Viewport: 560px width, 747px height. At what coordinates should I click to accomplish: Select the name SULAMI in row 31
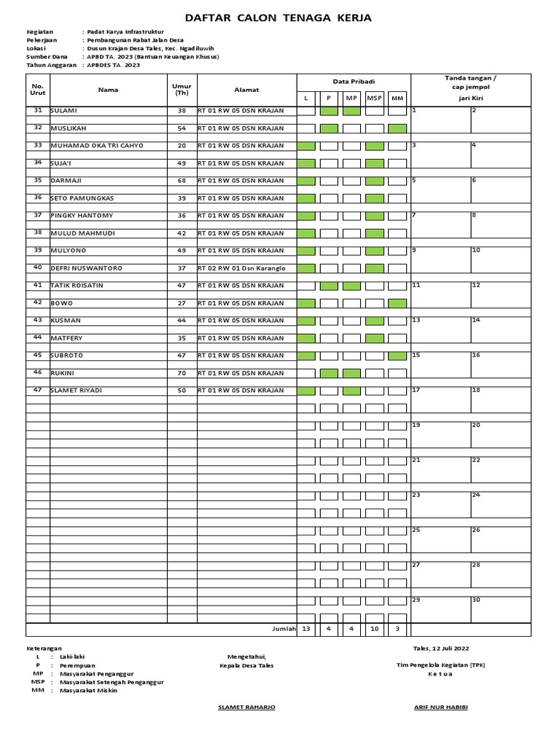(64, 111)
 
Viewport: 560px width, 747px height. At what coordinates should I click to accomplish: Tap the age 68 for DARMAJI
(182, 181)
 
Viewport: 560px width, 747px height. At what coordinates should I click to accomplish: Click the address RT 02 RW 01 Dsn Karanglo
(241, 268)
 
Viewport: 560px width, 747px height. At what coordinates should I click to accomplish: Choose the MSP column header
(375, 98)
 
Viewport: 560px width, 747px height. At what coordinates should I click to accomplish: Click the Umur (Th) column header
(182, 90)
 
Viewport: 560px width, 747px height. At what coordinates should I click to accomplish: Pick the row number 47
(38, 390)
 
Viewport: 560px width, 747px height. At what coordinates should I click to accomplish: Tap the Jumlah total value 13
(306, 629)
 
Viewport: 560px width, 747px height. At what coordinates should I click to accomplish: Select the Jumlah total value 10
(375, 629)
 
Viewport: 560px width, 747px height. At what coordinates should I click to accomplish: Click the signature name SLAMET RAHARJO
(247, 708)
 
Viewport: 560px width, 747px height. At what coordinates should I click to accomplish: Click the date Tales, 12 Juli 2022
(441, 648)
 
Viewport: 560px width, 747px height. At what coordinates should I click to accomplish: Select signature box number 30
(476, 600)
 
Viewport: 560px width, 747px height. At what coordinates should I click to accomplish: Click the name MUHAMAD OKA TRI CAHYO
(96, 146)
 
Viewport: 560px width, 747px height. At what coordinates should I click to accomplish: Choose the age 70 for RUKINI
(182, 373)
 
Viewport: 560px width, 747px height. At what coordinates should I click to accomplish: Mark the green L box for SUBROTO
(306, 356)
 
